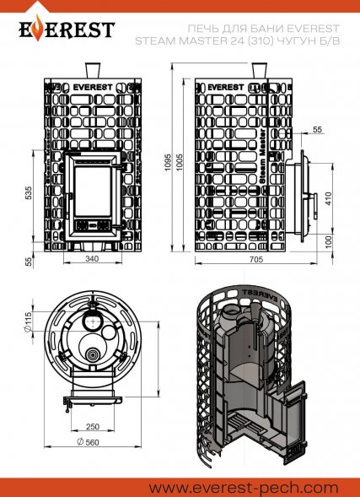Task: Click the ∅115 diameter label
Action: (x=28, y=321)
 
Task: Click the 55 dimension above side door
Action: (x=316, y=129)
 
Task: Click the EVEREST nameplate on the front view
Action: (x=93, y=86)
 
